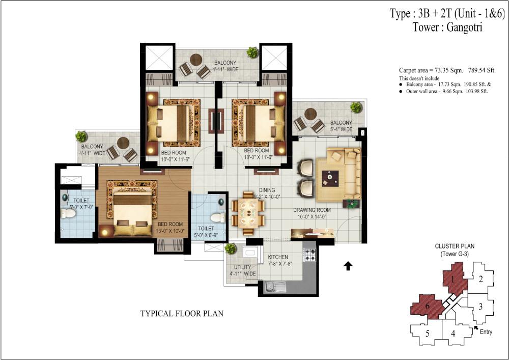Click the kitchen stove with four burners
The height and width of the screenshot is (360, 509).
(309, 254)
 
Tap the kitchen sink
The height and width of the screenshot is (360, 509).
(275, 287)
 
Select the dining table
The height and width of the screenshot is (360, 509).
(248, 213)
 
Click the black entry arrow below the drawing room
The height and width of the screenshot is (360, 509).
(348, 265)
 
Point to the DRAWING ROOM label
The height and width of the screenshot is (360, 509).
(312, 210)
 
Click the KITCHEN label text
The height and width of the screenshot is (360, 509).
(278, 257)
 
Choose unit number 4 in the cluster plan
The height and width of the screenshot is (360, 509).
(454, 334)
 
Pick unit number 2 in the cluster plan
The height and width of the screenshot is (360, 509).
(481, 279)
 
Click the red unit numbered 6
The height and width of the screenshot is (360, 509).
(427, 305)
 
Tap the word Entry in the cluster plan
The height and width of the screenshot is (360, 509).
(486, 332)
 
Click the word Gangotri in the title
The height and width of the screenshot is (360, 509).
(465, 27)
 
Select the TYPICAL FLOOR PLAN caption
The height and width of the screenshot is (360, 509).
(182, 313)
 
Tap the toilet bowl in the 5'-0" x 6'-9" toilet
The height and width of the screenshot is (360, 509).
(217, 217)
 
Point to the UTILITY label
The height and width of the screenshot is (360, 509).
(242, 267)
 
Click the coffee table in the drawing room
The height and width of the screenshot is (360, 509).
(330, 178)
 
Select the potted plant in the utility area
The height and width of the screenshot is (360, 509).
(230, 248)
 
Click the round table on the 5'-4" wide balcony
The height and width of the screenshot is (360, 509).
(310, 114)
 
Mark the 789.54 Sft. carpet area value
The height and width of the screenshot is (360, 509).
(482, 70)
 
